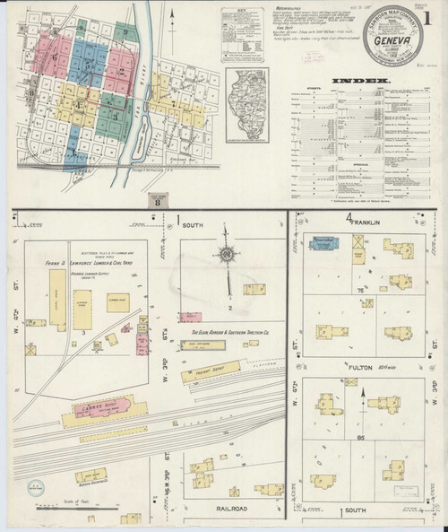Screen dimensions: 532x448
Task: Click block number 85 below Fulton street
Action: coord(358,439)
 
